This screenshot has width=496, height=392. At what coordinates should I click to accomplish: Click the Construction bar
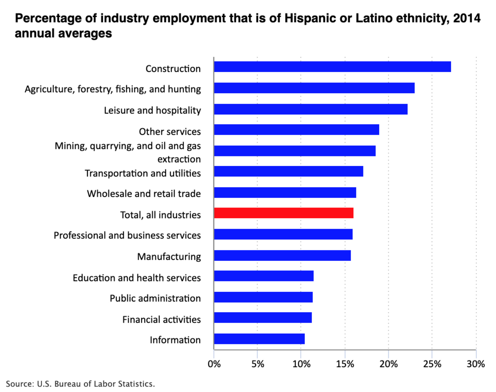pyautogui.click(x=333, y=67)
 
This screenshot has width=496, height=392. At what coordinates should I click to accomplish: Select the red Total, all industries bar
pyautogui.click(x=284, y=213)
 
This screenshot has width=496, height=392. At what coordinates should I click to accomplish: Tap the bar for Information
pyautogui.click(x=259, y=339)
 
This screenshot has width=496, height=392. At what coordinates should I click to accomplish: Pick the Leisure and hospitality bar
pyautogui.click(x=311, y=109)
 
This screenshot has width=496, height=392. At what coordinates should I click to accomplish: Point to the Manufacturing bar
pyautogui.click(x=283, y=255)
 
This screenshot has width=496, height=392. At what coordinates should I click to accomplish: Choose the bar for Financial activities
pyautogui.click(x=263, y=317)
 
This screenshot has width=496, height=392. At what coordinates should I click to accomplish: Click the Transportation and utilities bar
pyautogui.click(x=289, y=171)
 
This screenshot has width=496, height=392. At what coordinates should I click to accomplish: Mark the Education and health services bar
pyautogui.click(x=264, y=276)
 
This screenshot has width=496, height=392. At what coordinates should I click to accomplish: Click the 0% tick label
pyautogui.click(x=214, y=364)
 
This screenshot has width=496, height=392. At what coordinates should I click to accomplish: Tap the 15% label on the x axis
pyautogui.click(x=345, y=364)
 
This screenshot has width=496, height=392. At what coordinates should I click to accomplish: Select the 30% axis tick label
pyautogui.click(x=476, y=364)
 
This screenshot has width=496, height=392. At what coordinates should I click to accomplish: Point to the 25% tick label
pyautogui.click(x=432, y=364)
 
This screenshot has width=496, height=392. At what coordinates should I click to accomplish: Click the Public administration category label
pyautogui.click(x=155, y=298)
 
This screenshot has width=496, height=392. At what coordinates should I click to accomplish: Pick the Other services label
pyautogui.click(x=170, y=132)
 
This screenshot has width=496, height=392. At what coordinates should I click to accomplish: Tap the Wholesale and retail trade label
pyautogui.click(x=144, y=194)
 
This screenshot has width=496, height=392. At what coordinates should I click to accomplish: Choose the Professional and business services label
pyautogui.click(x=127, y=235)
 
